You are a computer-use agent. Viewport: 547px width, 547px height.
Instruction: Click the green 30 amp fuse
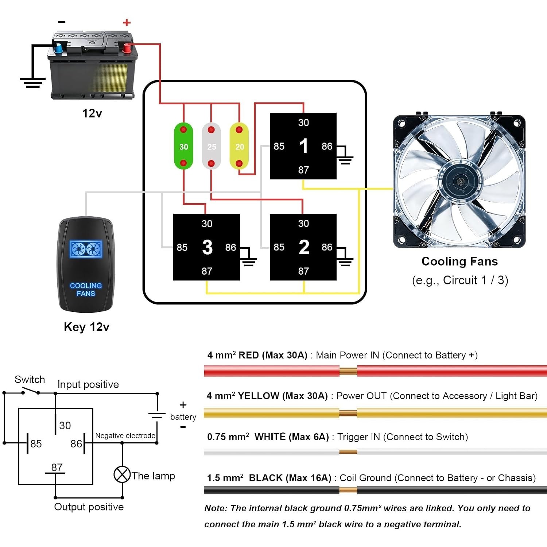183,146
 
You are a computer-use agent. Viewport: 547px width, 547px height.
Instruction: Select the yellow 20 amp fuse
239,146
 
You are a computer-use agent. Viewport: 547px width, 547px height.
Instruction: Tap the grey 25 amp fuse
212,146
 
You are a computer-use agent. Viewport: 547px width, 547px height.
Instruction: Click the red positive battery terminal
127,48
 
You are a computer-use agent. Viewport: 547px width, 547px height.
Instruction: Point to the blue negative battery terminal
58,48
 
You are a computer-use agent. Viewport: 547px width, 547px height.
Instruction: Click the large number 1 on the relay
303,146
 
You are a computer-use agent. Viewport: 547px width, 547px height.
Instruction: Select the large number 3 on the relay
207,247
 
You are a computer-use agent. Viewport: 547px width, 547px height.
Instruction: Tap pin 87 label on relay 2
303,271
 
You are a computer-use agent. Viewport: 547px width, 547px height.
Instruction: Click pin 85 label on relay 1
279,146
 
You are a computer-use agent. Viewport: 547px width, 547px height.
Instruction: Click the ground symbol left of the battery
32,83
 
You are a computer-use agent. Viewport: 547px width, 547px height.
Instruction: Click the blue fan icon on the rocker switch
86,249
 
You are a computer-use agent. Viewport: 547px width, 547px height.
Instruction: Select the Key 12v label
86,327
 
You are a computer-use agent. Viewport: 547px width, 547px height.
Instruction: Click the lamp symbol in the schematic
122,474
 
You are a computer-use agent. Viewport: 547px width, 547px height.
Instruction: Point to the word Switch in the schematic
30,379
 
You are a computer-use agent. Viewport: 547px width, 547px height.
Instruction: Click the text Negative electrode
125,435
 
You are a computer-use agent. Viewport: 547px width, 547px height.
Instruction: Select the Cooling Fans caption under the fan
459,261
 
